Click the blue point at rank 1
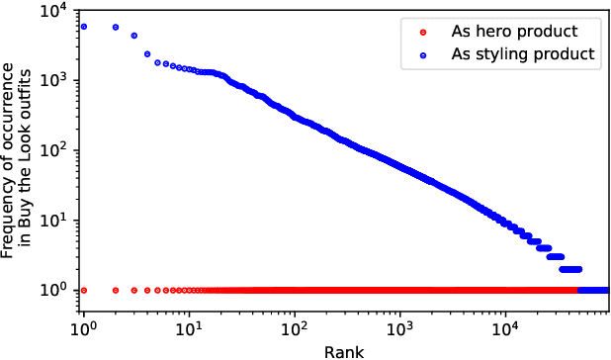click(x=84, y=27)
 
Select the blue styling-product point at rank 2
click(x=116, y=28)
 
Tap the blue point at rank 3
click(x=134, y=36)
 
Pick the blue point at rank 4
click(x=147, y=54)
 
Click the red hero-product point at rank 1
click(x=84, y=290)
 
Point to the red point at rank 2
click(x=116, y=290)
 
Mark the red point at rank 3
click(x=134, y=290)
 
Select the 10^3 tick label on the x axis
click(x=400, y=324)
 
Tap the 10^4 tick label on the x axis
click(x=506, y=324)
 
